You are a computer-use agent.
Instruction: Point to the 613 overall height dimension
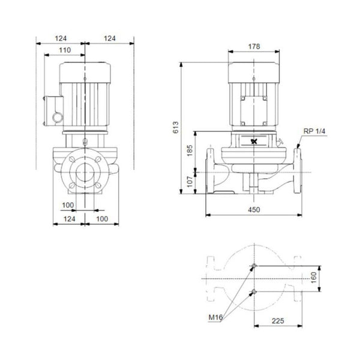176,127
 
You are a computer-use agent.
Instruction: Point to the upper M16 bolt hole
254,266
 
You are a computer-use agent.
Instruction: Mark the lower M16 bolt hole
254,292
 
